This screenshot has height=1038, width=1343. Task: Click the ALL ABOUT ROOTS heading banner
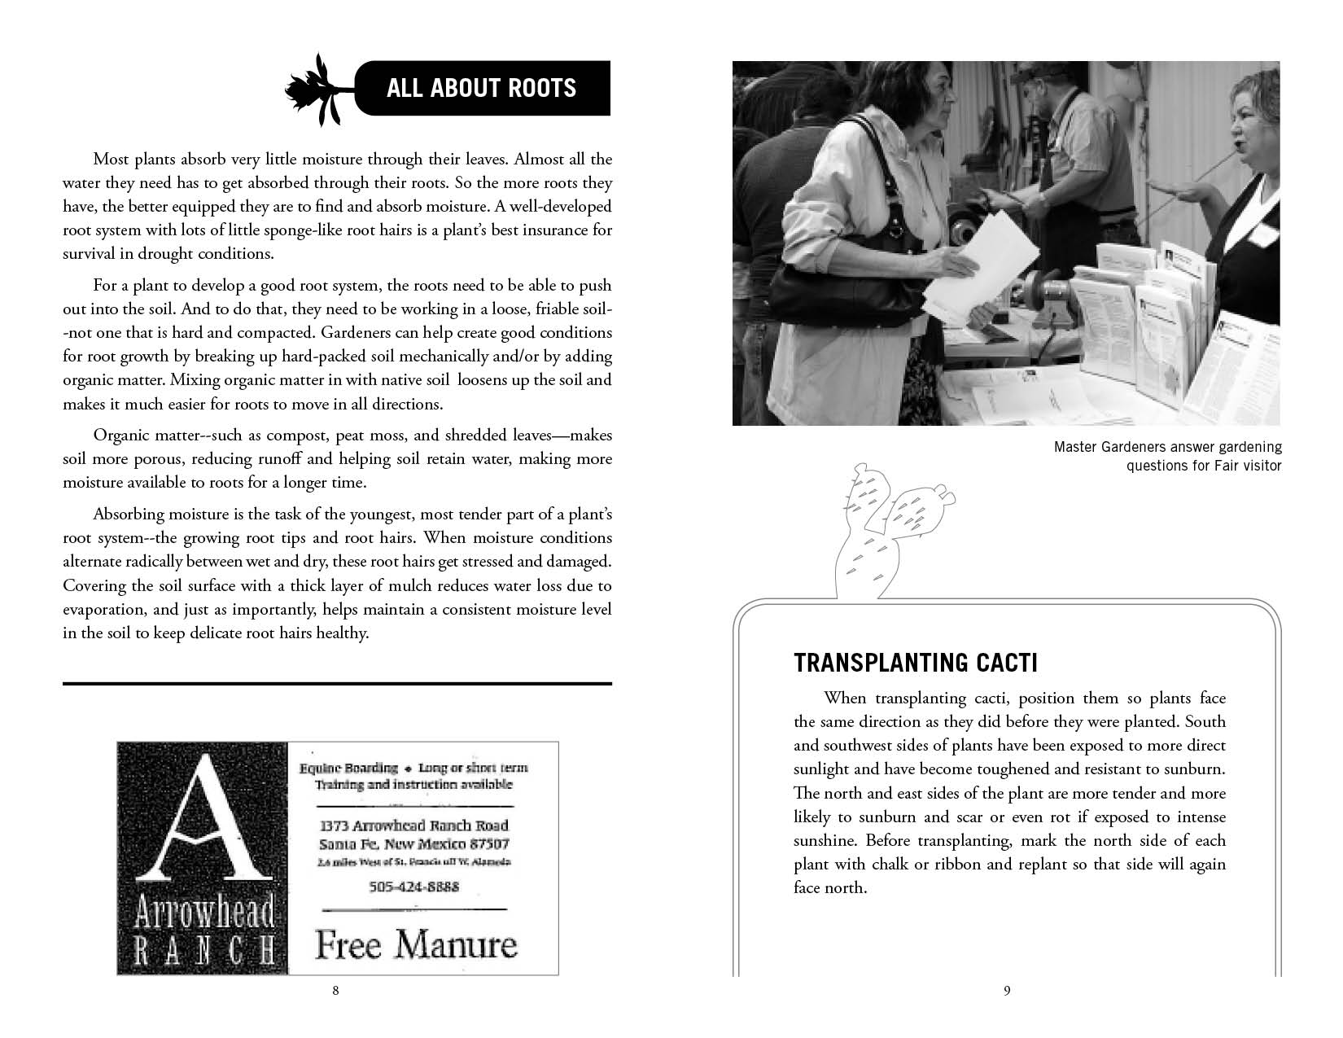(482, 88)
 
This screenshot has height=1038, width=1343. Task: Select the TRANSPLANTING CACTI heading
(915, 663)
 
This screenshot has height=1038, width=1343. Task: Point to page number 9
(1007, 991)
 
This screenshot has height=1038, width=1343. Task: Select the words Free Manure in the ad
(416, 945)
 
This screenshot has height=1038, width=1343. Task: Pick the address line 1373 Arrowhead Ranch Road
(415, 825)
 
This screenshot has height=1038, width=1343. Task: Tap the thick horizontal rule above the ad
(337, 684)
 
